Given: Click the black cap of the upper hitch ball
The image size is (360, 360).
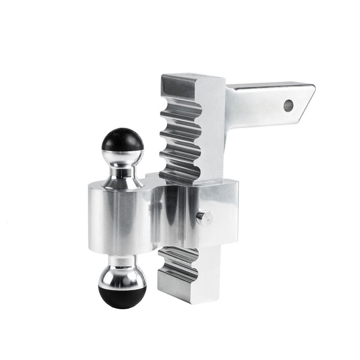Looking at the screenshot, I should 122,140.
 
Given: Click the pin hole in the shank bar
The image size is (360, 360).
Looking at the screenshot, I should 288,105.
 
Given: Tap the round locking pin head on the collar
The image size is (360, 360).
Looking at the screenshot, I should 205,218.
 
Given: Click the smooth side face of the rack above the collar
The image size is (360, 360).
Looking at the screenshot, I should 211,130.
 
